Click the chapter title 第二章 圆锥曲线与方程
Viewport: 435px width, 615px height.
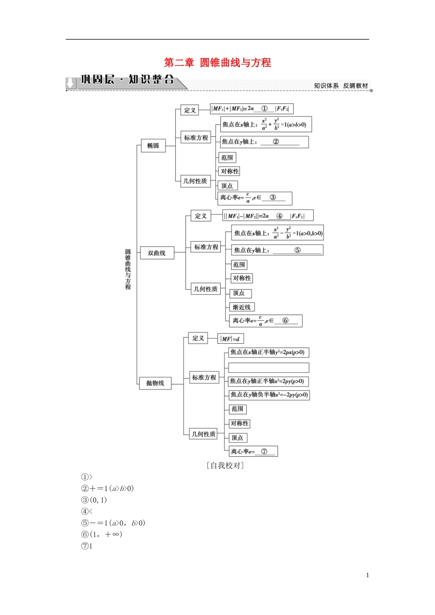pyautogui.click(x=217, y=63)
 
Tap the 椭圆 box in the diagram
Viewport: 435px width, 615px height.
pyautogui.click(x=153, y=146)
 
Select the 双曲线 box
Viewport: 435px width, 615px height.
pyautogui.click(x=157, y=253)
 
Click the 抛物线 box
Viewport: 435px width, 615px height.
pyautogui.click(x=155, y=383)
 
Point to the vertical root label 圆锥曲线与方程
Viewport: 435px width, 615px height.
pyautogui.click(x=128, y=269)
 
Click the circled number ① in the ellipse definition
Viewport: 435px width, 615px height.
pyautogui.click(x=264, y=108)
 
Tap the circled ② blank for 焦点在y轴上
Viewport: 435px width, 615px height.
pyautogui.click(x=276, y=141)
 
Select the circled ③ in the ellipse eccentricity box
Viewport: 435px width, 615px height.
pyautogui.click(x=273, y=197)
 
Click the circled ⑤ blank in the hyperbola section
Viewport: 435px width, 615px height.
pyautogui.click(x=297, y=250)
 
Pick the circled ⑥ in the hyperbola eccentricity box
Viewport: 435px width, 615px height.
pyautogui.click(x=285, y=320)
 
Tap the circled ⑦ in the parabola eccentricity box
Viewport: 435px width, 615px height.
pyautogui.click(x=264, y=451)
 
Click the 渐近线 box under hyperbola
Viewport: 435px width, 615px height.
pyautogui.click(x=242, y=307)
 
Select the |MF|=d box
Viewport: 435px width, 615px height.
pyautogui.click(x=230, y=339)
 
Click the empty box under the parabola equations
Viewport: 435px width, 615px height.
pyautogui.click(x=269, y=367)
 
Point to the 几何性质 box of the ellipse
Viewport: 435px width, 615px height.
pyautogui.click(x=195, y=181)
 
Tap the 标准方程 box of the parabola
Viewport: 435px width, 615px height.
pyautogui.click(x=204, y=378)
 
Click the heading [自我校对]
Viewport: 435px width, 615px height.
pyautogui.click(x=225, y=465)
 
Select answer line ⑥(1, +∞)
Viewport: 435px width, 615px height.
pyautogui.click(x=102, y=534)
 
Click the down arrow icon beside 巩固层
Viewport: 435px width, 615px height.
pyautogui.click(x=71, y=83)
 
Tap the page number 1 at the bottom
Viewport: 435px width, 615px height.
pyautogui.click(x=367, y=575)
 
